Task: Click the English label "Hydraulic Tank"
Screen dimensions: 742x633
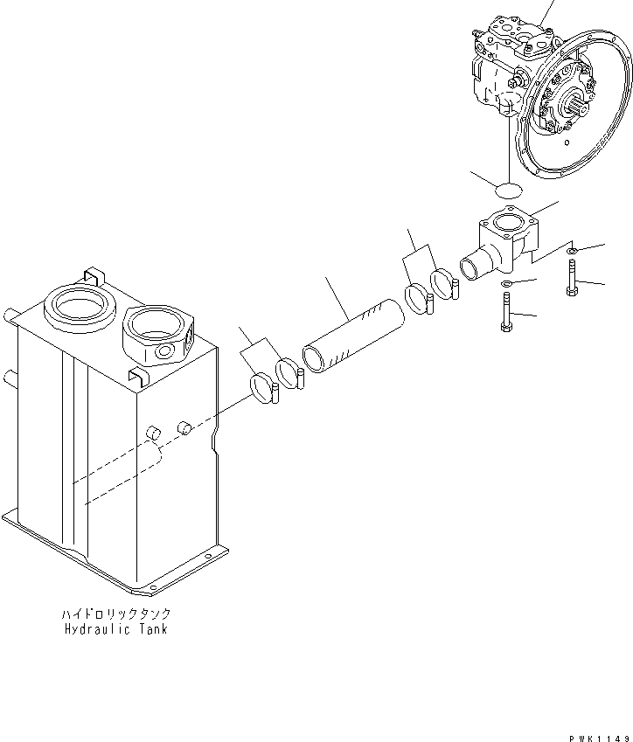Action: pyautogui.click(x=115, y=628)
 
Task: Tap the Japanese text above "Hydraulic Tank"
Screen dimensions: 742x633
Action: pyautogui.click(x=115, y=614)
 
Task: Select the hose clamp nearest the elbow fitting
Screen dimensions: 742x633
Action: pyautogui.click(x=445, y=285)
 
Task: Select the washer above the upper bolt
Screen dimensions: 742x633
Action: pyautogui.click(x=570, y=252)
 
